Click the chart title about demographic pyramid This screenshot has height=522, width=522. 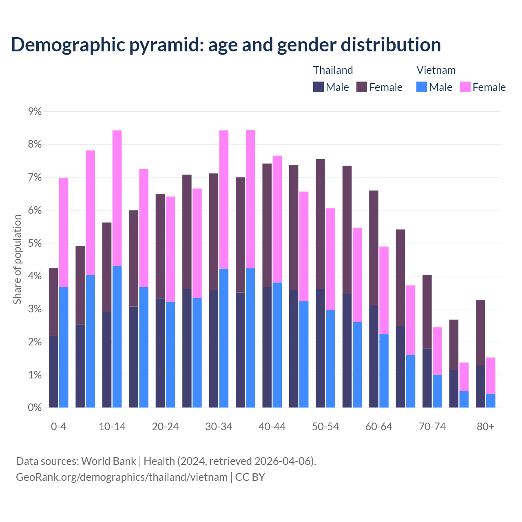point(226,44)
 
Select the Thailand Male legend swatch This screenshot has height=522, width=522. point(319,87)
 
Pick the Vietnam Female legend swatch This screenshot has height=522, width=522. point(465,87)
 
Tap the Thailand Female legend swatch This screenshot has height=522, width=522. point(362,87)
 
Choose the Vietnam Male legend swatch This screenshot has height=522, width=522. point(422,87)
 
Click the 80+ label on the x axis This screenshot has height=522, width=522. point(485,427)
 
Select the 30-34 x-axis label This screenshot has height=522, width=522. point(219,427)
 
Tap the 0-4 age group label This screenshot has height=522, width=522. point(58,427)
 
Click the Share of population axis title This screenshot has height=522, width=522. point(17,259)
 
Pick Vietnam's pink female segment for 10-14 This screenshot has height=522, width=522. point(117,198)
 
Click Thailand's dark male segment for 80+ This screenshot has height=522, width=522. point(480,387)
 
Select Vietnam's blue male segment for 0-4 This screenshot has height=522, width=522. point(64,347)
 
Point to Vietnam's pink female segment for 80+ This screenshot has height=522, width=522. point(491,376)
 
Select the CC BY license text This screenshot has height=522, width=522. point(250,477)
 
